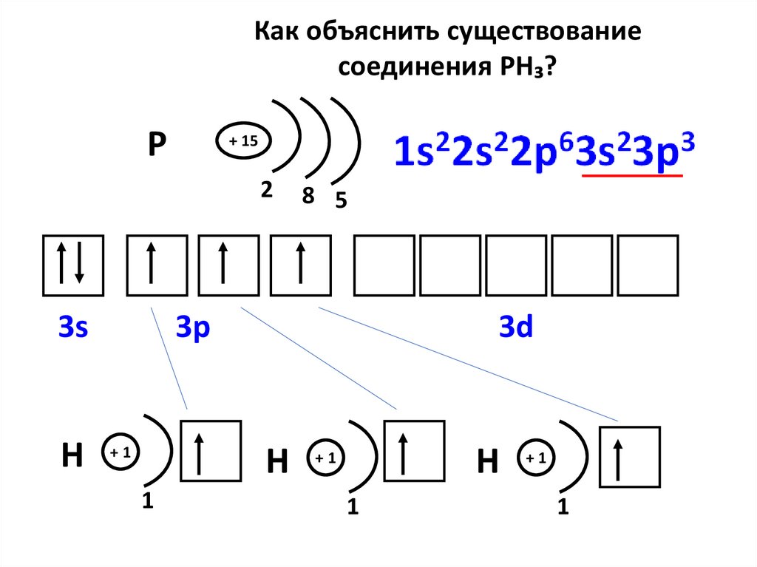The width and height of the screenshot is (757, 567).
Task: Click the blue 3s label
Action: [73, 327]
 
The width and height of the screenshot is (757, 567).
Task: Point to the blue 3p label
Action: [194, 327]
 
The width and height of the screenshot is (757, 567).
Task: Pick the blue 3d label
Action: [516, 327]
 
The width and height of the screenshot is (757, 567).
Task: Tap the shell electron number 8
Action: [308, 196]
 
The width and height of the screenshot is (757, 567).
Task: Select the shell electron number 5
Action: [341, 200]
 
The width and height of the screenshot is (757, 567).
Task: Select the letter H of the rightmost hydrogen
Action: [487, 462]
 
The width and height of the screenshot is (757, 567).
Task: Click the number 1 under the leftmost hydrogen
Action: [147, 501]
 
